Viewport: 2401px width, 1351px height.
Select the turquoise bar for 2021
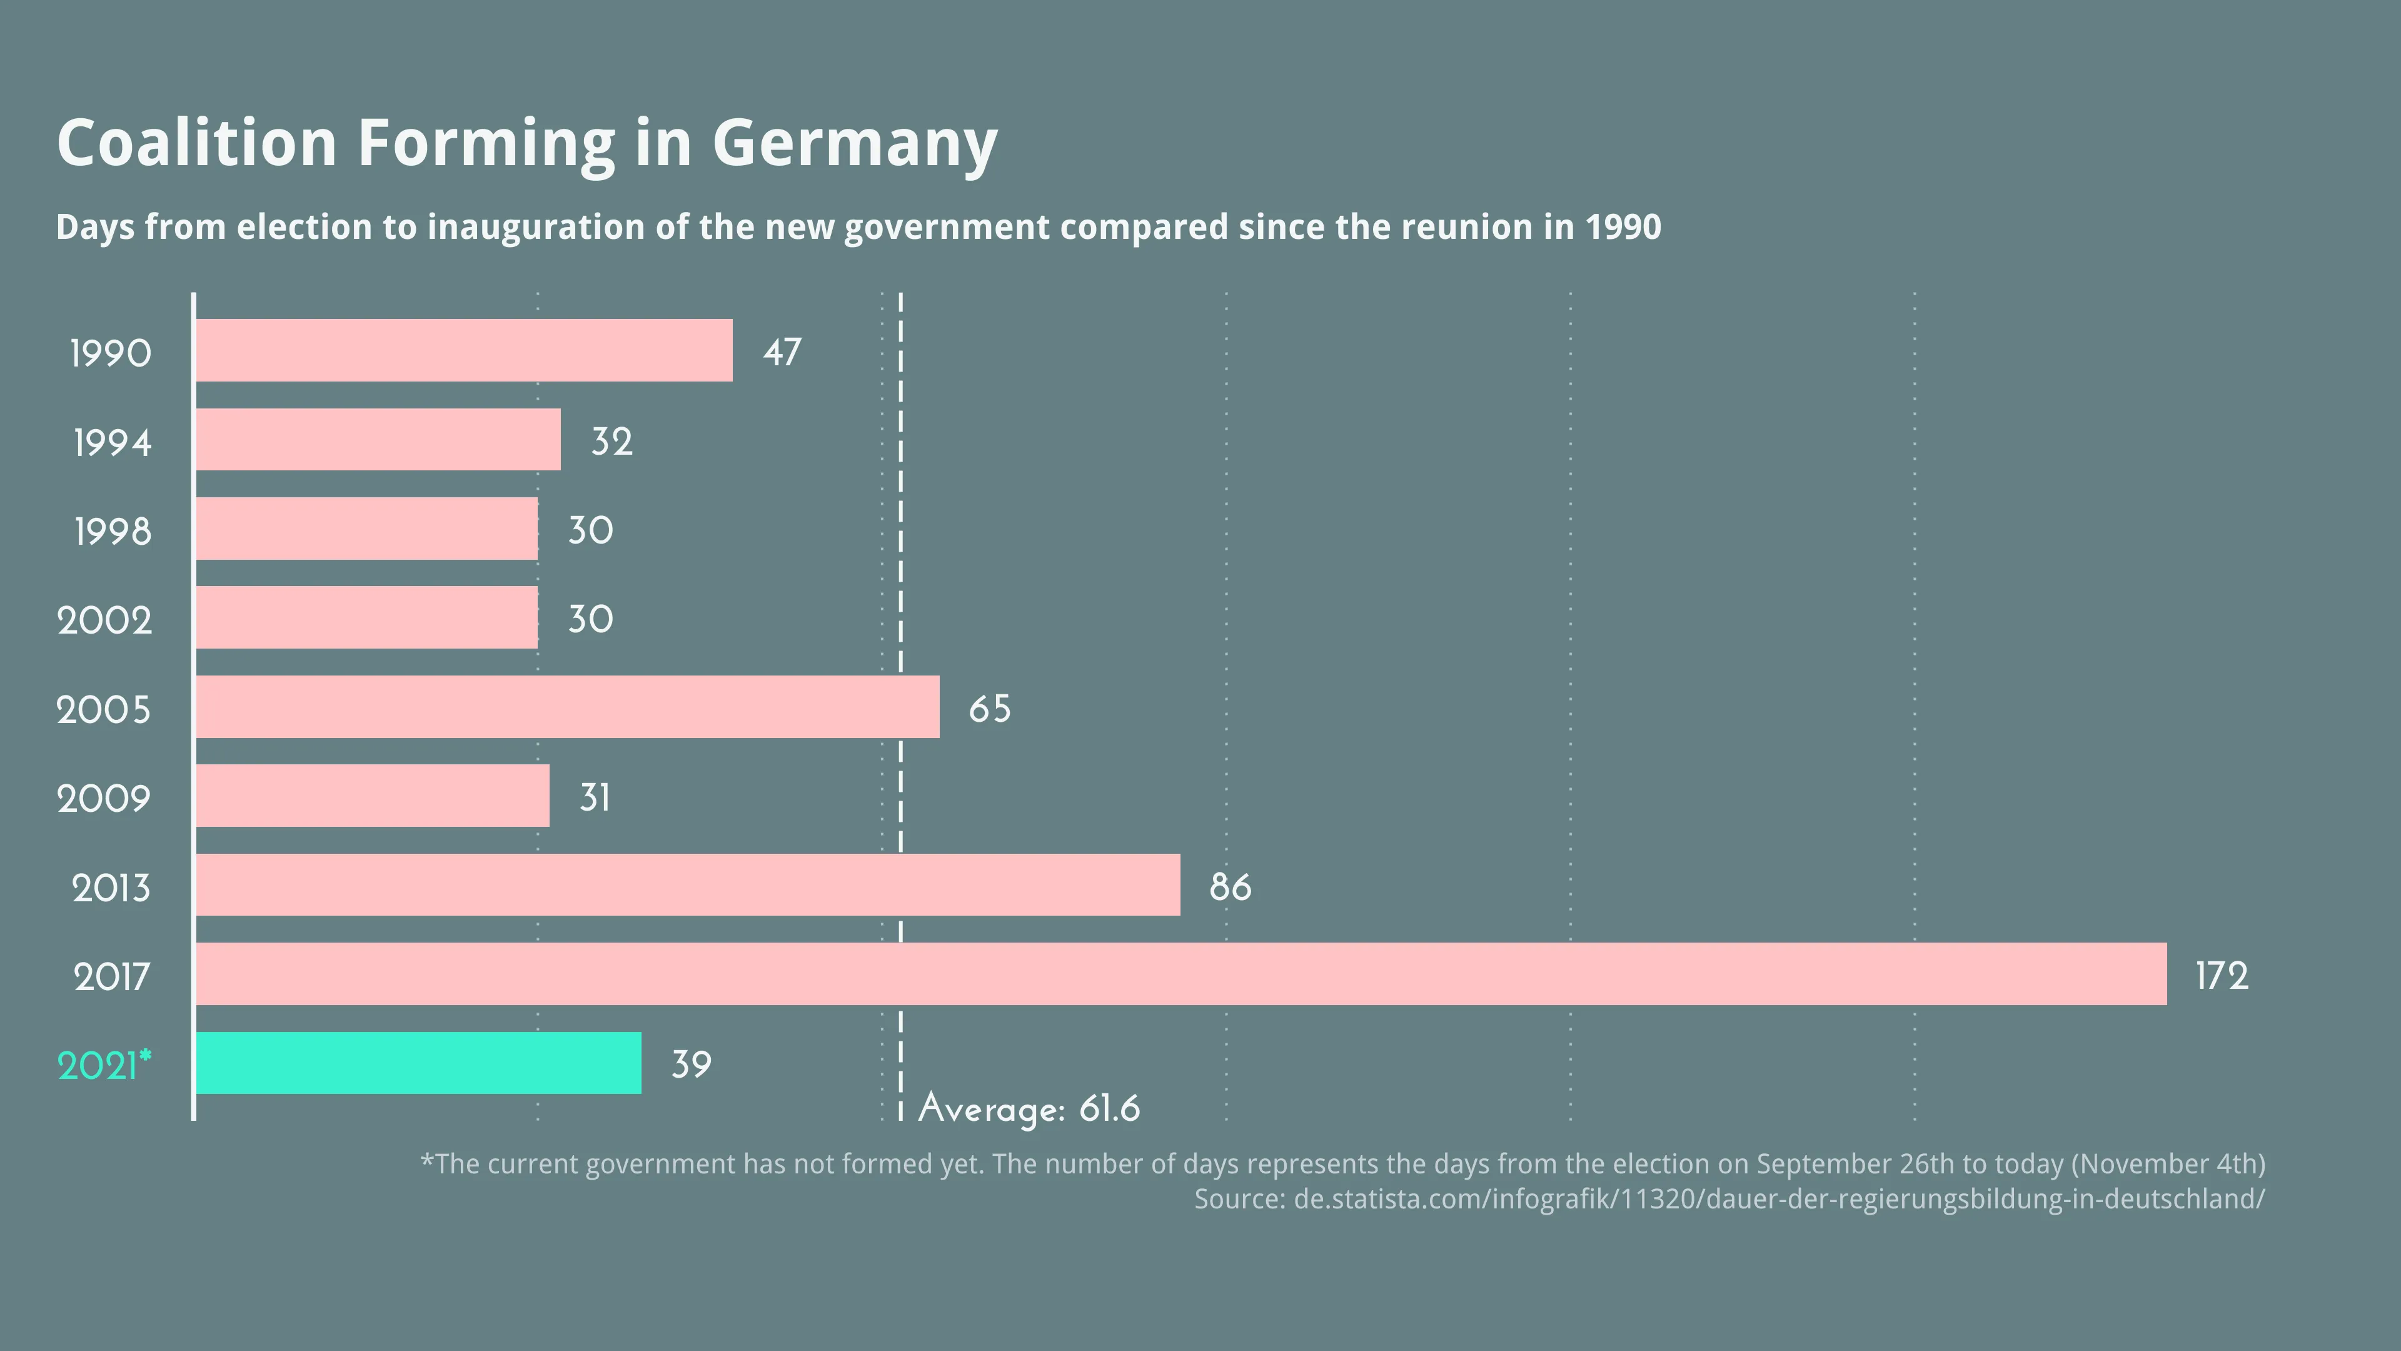[418, 1063]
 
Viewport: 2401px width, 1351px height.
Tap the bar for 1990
[463, 350]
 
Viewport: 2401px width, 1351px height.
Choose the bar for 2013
[687, 885]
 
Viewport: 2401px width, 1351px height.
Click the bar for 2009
[372, 796]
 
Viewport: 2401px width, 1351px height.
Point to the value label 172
[2222, 975]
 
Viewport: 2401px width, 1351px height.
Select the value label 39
[691, 1064]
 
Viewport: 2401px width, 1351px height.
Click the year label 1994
[112, 442]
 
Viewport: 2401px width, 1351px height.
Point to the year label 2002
[104, 620]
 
